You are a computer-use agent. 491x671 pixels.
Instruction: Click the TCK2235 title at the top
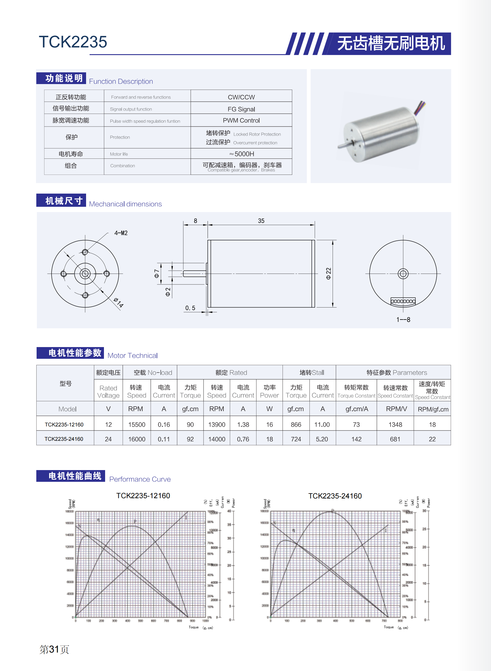pyautogui.click(x=73, y=42)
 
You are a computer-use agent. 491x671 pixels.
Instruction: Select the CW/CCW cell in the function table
pyautogui.click(x=241, y=97)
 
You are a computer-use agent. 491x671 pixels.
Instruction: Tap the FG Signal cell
pyautogui.click(x=241, y=109)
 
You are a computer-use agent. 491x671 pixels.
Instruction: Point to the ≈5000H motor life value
pyautogui.click(x=241, y=154)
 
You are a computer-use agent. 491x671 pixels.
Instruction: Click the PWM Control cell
pyautogui.click(x=241, y=120)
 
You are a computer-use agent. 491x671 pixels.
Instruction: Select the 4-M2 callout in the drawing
pyautogui.click(x=121, y=233)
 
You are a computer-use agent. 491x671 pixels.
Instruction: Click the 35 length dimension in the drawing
pyautogui.click(x=261, y=221)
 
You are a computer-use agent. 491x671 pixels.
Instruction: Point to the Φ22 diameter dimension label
pyautogui.click(x=328, y=274)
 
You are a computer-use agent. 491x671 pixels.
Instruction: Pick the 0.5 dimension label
pyautogui.click(x=190, y=308)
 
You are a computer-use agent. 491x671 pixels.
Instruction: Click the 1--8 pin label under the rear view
pyautogui.click(x=403, y=320)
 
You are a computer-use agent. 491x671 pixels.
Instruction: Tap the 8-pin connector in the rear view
pyautogui.click(x=403, y=301)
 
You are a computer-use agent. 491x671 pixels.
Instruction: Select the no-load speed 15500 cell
pyautogui.click(x=137, y=425)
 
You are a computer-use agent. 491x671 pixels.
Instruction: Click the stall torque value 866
pyautogui.click(x=296, y=425)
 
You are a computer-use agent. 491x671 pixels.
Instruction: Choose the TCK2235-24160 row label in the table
pyautogui.click(x=64, y=439)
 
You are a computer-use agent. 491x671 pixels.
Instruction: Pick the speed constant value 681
pyautogui.click(x=395, y=439)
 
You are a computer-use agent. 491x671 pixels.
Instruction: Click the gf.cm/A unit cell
pyautogui.click(x=356, y=409)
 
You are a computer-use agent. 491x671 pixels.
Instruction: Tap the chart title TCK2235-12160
pyautogui.click(x=143, y=496)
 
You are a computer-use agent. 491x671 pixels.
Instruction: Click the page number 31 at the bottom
pyautogui.click(x=54, y=649)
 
